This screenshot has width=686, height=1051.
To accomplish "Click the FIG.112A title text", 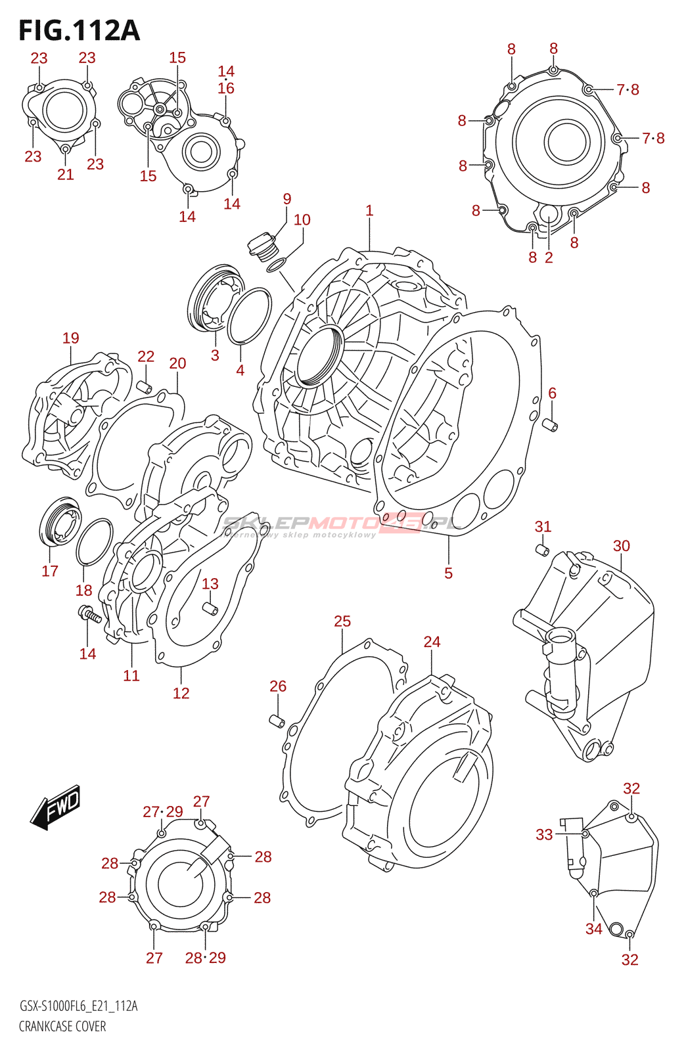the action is (80, 30).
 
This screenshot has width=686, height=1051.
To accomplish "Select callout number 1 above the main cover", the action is (369, 211).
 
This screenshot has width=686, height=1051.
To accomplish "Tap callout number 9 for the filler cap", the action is (286, 199).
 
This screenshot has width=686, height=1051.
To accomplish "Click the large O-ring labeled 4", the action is (249, 316).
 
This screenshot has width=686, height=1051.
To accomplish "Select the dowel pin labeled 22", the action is (145, 388).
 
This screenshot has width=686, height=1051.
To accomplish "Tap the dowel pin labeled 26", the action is (277, 721).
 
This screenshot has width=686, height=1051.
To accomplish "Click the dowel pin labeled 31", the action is (542, 550).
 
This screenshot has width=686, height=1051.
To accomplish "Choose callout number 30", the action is (621, 546).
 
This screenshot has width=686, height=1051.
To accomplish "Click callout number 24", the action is (432, 642).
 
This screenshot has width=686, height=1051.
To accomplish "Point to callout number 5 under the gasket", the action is (449, 573).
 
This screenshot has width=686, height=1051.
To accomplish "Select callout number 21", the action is (66, 175).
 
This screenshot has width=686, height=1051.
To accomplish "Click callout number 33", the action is (544, 835).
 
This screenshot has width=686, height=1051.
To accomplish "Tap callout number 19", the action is (71, 338).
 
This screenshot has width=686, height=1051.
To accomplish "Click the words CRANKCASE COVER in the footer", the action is (62, 1026).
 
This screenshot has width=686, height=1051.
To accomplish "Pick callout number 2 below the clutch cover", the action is (549, 257).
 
